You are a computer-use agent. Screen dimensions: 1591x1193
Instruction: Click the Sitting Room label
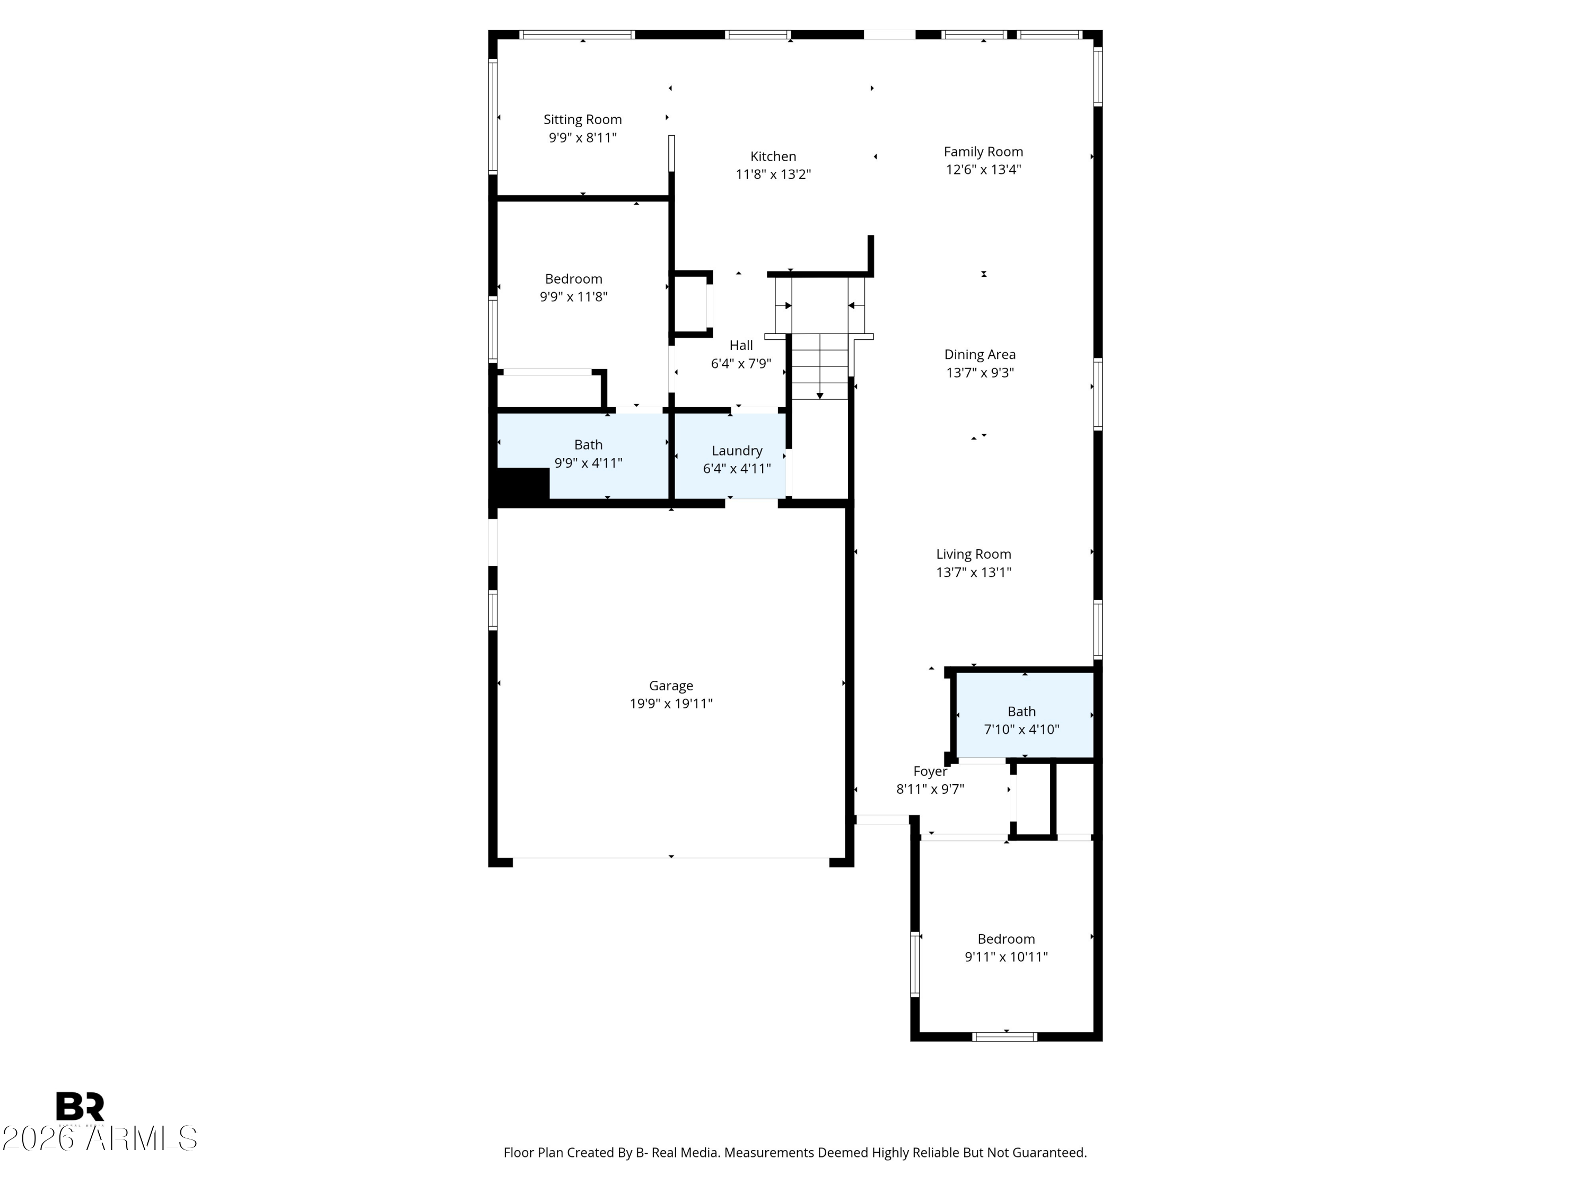click(583, 119)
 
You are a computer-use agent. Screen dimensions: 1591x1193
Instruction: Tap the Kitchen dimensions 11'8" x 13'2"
click(773, 174)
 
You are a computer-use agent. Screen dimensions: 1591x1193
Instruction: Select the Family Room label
click(983, 152)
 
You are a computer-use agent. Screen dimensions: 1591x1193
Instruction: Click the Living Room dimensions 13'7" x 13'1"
click(974, 573)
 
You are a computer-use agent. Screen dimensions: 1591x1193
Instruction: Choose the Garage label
click(671, 686)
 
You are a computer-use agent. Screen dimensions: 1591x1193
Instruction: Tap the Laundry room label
click(737, 451)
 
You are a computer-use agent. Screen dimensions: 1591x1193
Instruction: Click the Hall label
click(741, 345)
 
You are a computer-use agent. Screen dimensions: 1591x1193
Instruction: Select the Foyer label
click(930, 771)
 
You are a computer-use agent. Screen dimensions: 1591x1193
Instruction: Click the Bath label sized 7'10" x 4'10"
click(1021, 711)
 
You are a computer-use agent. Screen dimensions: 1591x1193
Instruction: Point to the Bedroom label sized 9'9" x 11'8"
click(573, 279)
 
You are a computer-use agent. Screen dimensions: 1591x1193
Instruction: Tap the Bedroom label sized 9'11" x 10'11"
click(1006, 939)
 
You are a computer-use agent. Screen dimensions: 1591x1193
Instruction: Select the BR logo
click(80, 1106)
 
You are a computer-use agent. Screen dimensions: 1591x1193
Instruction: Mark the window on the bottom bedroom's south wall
click(1005, 1036)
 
